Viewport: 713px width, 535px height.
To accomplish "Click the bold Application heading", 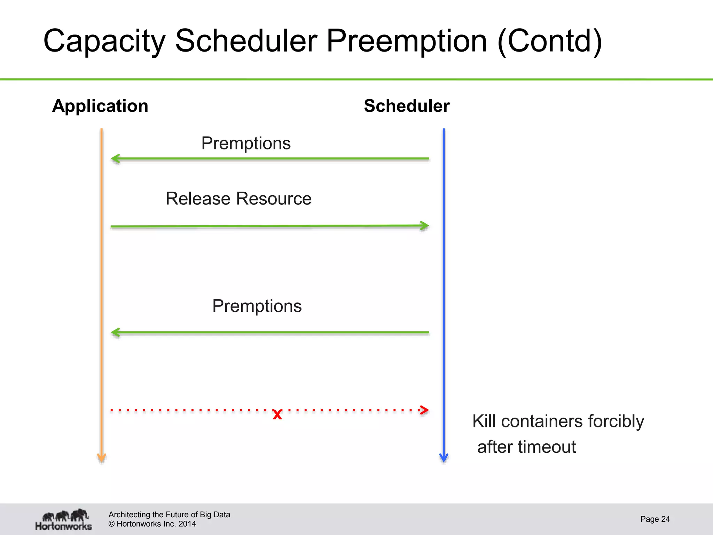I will coord(100,106).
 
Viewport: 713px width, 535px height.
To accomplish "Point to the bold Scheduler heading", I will coord(407,106).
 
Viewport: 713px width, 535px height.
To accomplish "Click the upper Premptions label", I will coord(246,143).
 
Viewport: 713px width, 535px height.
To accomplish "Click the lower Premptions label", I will coord(257,306).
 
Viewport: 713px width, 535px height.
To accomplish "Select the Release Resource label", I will coord(238,199).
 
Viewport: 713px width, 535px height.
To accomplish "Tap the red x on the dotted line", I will coord(277,414).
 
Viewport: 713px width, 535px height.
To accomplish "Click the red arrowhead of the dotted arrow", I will coord(424,410).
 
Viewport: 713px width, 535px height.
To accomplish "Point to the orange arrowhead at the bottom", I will coord(101,458).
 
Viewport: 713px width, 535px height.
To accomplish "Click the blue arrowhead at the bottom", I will coord(444,458).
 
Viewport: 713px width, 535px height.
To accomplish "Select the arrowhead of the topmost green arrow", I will coord(115,158).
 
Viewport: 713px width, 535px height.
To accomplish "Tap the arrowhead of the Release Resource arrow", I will coord(424,226).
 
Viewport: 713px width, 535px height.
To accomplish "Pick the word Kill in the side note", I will coord(484,421).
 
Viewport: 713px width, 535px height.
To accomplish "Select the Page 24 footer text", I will coord(655,519).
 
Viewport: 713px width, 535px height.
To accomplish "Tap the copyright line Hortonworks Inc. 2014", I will coord(152,524).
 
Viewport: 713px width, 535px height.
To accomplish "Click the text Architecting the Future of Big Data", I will coord(169,514).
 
